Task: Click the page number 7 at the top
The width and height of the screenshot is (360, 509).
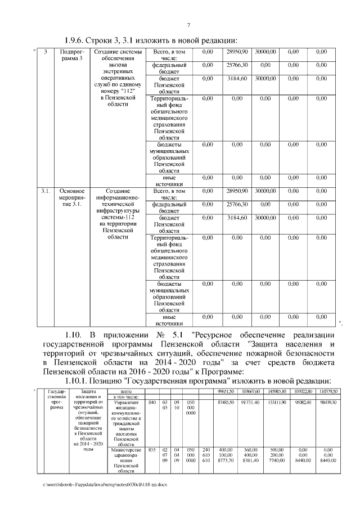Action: (x=189, y=24)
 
